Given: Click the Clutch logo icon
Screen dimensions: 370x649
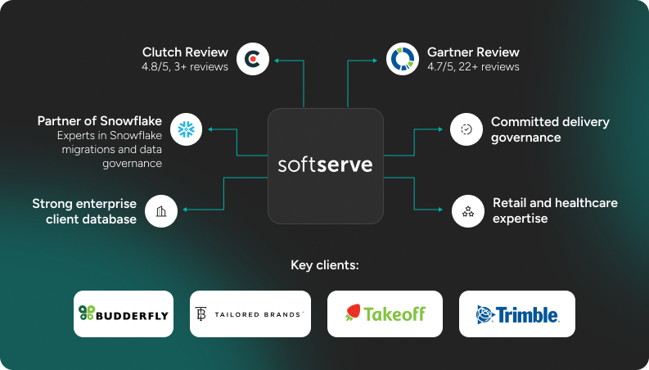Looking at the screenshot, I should click(252, 60).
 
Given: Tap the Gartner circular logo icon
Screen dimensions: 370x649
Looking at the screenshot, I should click(402, 60).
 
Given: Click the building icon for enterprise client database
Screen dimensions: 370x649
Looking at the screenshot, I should click(161, 210).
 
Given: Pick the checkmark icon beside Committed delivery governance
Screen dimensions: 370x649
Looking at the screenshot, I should click(466, 129).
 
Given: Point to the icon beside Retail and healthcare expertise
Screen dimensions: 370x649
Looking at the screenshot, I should click(467, 210).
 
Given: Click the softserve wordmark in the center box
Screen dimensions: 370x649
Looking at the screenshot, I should click(325, 165).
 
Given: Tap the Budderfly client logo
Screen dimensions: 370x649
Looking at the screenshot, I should click(124, 314).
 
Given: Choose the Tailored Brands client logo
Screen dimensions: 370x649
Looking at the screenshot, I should click(250, 314).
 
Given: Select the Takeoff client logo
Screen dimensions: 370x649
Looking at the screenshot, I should click(385, 314).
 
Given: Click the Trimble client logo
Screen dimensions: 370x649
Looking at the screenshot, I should click(516, 314).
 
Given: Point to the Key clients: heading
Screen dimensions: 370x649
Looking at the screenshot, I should click(325, 265).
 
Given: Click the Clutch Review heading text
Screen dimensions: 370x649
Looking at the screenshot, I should click(185, 52).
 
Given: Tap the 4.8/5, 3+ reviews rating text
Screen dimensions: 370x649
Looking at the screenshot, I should click(185, 67).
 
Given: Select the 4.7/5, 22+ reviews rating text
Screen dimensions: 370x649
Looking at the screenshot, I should click(473, 67).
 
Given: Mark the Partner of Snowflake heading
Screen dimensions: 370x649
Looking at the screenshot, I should click(100, 121).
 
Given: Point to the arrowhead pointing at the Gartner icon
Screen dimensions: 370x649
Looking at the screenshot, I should click(377, 60).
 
